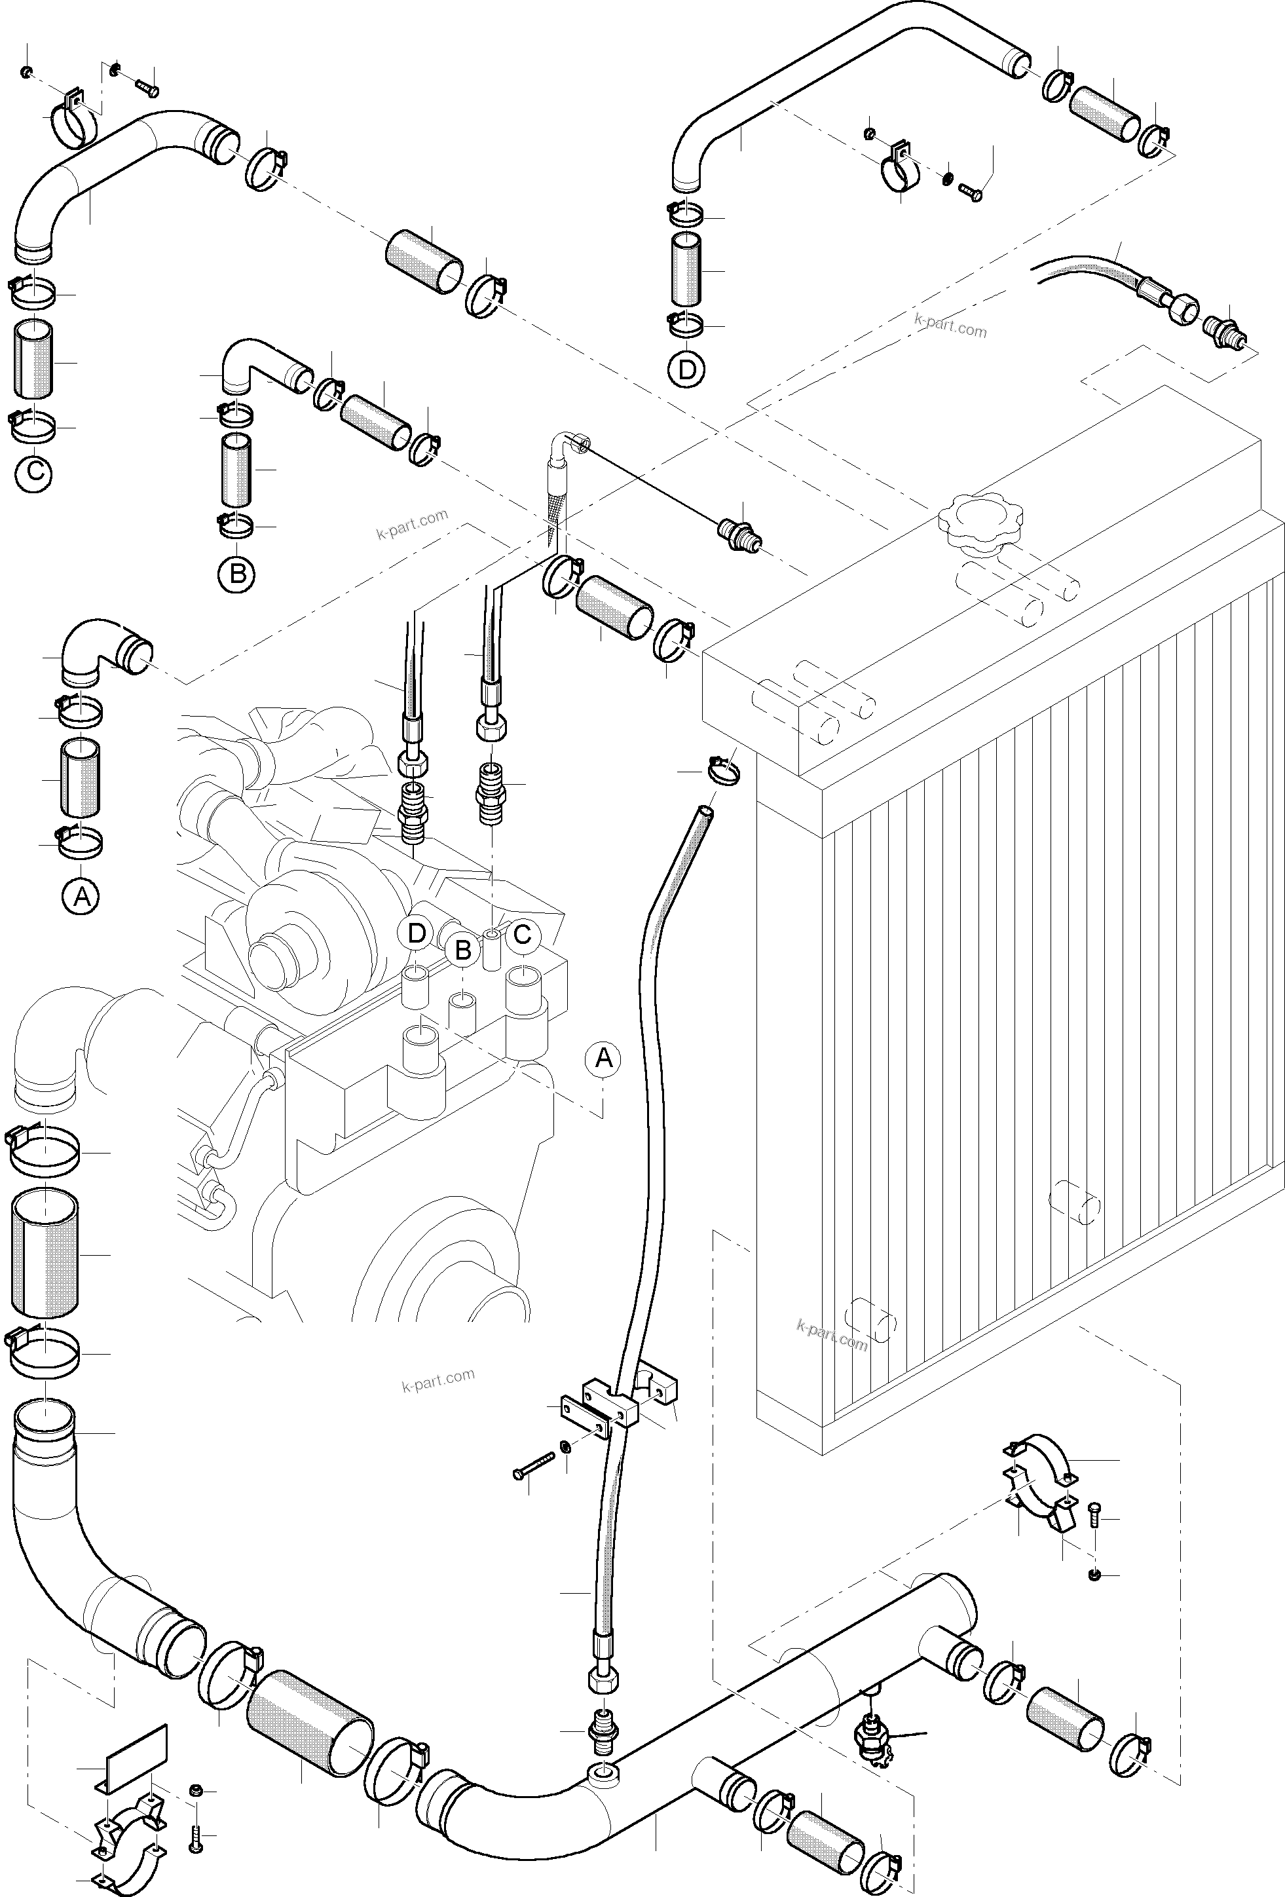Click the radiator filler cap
click(x=978, y=519)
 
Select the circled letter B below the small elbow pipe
click(x=236, y=574)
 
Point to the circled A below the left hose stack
click(x=81, y=897)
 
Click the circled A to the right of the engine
click(x=603, y=1059)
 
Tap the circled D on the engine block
click(x=417, y=933)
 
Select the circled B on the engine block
click(x=463, y=950)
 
